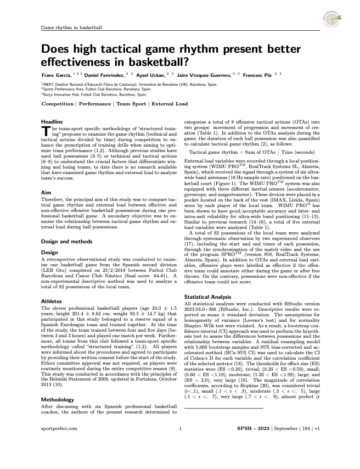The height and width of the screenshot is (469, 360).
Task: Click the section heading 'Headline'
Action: tap(53, 121)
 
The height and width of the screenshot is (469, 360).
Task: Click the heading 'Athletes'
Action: tap(53, 302)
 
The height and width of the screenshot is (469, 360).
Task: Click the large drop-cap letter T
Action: tap(46, 130)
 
